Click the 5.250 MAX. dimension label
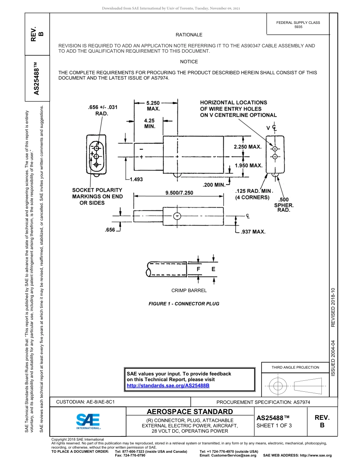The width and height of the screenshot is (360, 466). click(x=153, y=105)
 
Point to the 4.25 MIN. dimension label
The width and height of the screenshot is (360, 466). click(x=149, y=124)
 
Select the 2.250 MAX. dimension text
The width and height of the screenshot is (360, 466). click(x=247, y=147)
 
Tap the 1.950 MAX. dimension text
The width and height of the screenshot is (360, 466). click(x=249, y=166)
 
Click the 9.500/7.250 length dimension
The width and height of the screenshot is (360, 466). click(x=179, y=192)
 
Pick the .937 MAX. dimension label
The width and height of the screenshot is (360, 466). click(x=253, y=231)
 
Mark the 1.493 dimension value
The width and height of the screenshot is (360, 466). click(x=136, y=179)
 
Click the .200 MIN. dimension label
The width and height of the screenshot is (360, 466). click(x=214, y=185)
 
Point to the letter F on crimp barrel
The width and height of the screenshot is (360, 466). click(x=198, y=269)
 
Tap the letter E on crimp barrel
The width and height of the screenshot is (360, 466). click(x=213, y=269)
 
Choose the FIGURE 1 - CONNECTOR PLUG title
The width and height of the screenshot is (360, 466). click(x=184, y=303)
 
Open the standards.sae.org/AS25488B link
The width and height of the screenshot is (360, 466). click(x=168, y=385)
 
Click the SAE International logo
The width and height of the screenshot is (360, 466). click(x=88, y=421)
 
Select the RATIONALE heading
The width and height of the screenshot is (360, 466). click(x=189, y=35)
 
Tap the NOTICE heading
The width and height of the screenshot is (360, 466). click(x=189, y=62)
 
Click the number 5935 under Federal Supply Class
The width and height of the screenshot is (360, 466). click(x=298, y=27)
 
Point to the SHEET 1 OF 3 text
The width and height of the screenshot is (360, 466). click(x=274, y=425)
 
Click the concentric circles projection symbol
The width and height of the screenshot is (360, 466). click(x=278, y=386)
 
